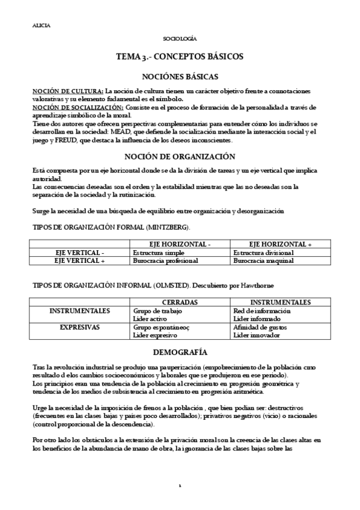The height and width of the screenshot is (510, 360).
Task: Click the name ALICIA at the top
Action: (41, 25)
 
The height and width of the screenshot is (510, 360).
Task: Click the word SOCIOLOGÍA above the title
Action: (180, 38)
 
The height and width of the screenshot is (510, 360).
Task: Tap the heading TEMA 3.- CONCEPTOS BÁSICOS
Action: (180, 57)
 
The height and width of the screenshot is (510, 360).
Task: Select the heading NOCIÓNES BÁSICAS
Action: (180, 76)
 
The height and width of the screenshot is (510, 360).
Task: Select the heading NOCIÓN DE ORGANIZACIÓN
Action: (180, 158)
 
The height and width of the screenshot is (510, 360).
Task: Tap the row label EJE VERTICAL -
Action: (79, 253)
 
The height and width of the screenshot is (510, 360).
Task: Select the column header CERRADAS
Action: (180, 302)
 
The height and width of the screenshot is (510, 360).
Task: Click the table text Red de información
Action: (261, 311)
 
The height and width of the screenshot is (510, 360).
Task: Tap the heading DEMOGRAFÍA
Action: (180, 351)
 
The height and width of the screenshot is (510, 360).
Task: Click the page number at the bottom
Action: (180, 485)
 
